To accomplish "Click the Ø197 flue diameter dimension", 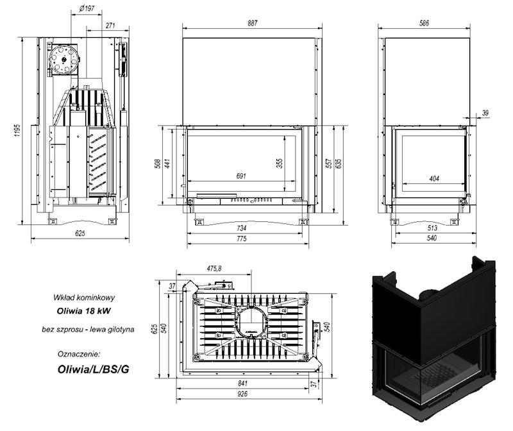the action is [87, 8].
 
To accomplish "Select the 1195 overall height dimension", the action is [17, 130].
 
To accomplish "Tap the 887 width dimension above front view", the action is [253, 23].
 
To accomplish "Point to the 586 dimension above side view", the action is [424, 23].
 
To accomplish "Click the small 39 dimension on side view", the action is [485, 113].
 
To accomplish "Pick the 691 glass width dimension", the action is [241, 176].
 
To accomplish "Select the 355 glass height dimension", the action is [280, 164].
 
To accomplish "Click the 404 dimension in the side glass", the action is [434, 179].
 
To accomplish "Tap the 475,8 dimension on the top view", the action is [214, 268].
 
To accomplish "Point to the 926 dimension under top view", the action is [242, 394].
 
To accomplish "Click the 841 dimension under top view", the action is [242, 384].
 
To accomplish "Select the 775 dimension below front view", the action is [242, 239].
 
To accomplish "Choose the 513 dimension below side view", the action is [432, 228].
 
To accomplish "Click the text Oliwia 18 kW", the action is [83, 311].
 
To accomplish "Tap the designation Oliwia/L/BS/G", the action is [93, 369].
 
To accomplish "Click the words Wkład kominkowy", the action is [84, 298].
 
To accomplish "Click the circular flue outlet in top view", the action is [251, 323].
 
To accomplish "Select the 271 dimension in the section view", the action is [110, 26].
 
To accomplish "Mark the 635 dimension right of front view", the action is [339, 164].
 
